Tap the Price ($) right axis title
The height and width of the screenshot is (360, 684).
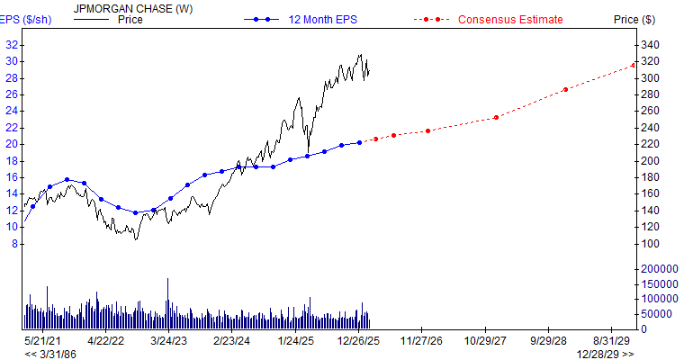[x=634, y=19]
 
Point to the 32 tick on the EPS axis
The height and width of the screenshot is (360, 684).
[x=12, y=45]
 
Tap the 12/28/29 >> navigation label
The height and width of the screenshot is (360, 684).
[x=605, y=354]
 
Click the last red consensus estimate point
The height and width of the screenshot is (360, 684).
[x=634, y=65]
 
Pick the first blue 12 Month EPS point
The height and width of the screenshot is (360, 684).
[x=33, y=206]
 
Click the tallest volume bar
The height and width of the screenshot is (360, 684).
[x=166, y=302]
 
